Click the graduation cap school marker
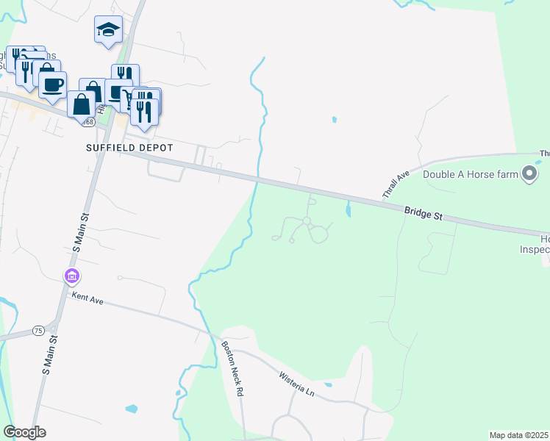click(x=108, y=30)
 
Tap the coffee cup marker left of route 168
click(x=52, y=85)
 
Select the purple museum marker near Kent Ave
click(x=72, y=277)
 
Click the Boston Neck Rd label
click(x=232, y=368)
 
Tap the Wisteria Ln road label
click(x=296, y=384)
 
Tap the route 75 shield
click(x=38, y=331)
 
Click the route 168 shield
click(x=89, y=121)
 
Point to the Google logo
click(x=24, y=432)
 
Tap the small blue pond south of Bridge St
click(x=347, y=212)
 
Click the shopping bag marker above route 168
click(x=80, y=104)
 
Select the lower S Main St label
click(x=49, y=357)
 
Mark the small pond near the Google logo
click(x=132, y=409)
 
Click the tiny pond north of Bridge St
click(x=335, y=119)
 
